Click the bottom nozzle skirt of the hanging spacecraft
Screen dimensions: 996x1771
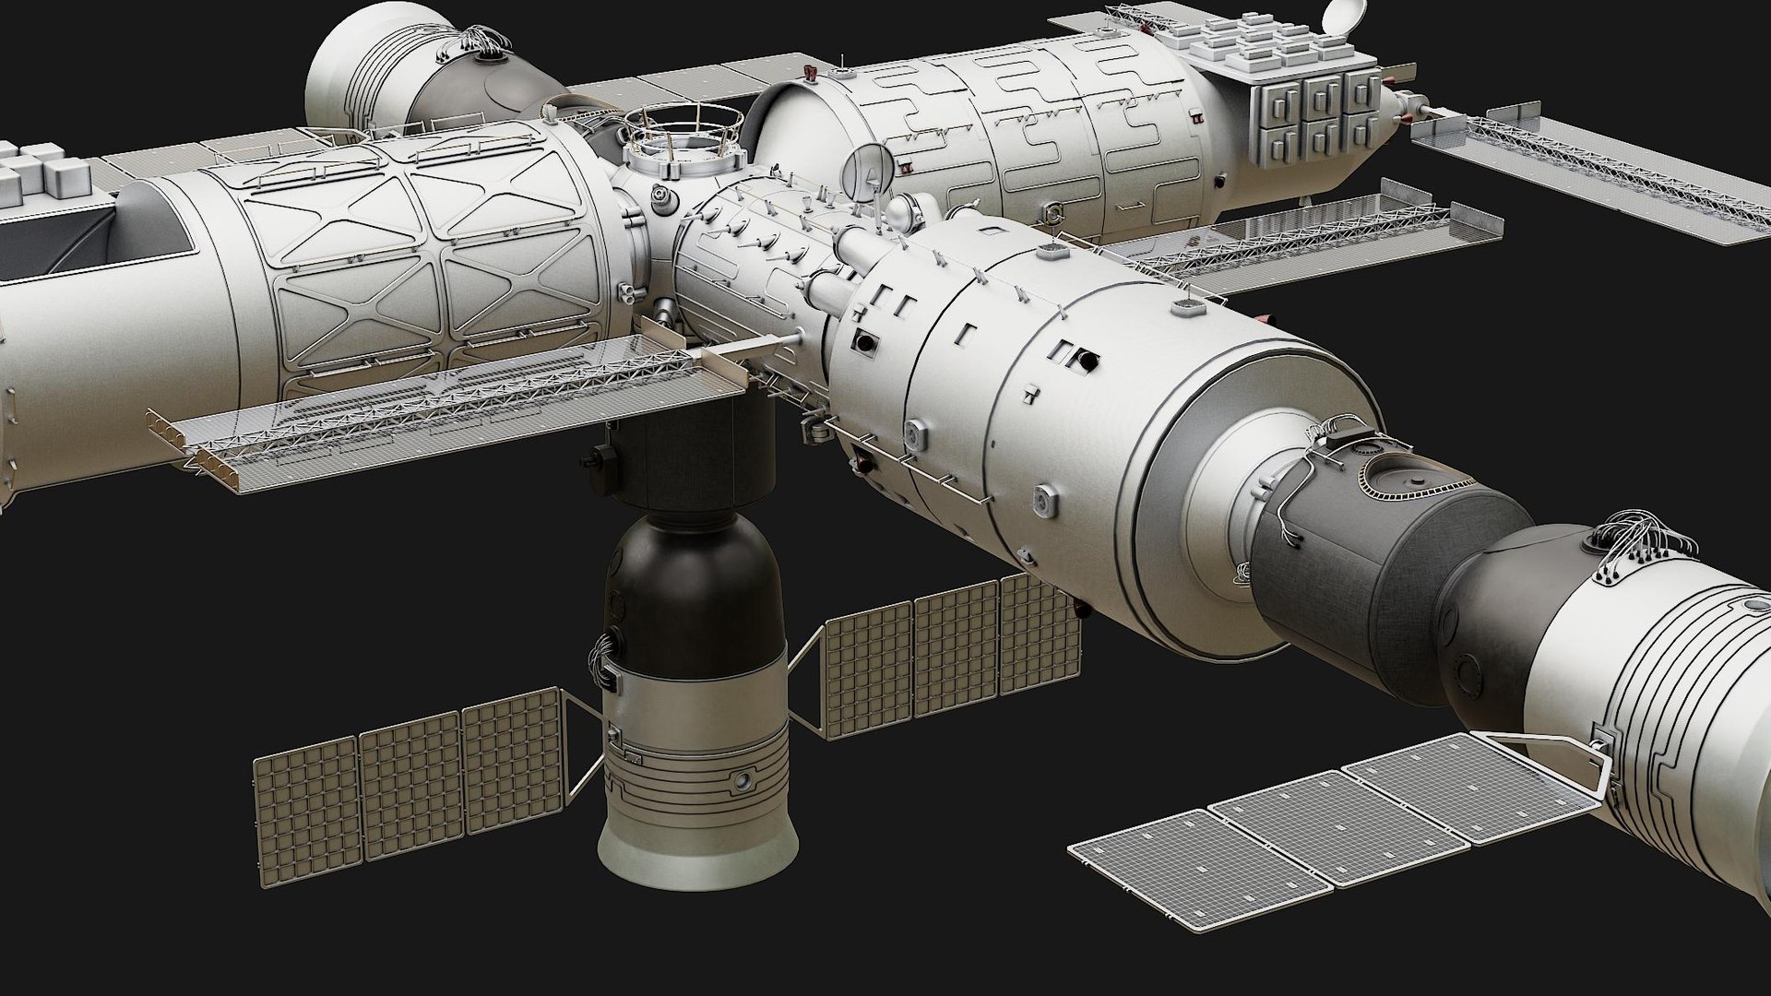pyautogui.click(x=696, y=843)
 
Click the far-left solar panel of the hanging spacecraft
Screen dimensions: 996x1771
pyautogui.click(x=305, y=803)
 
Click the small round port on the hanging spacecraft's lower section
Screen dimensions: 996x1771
pyautogui.click(x=741, y=783)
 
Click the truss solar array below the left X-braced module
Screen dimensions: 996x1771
pyautogui.click(x=443, y=415)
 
